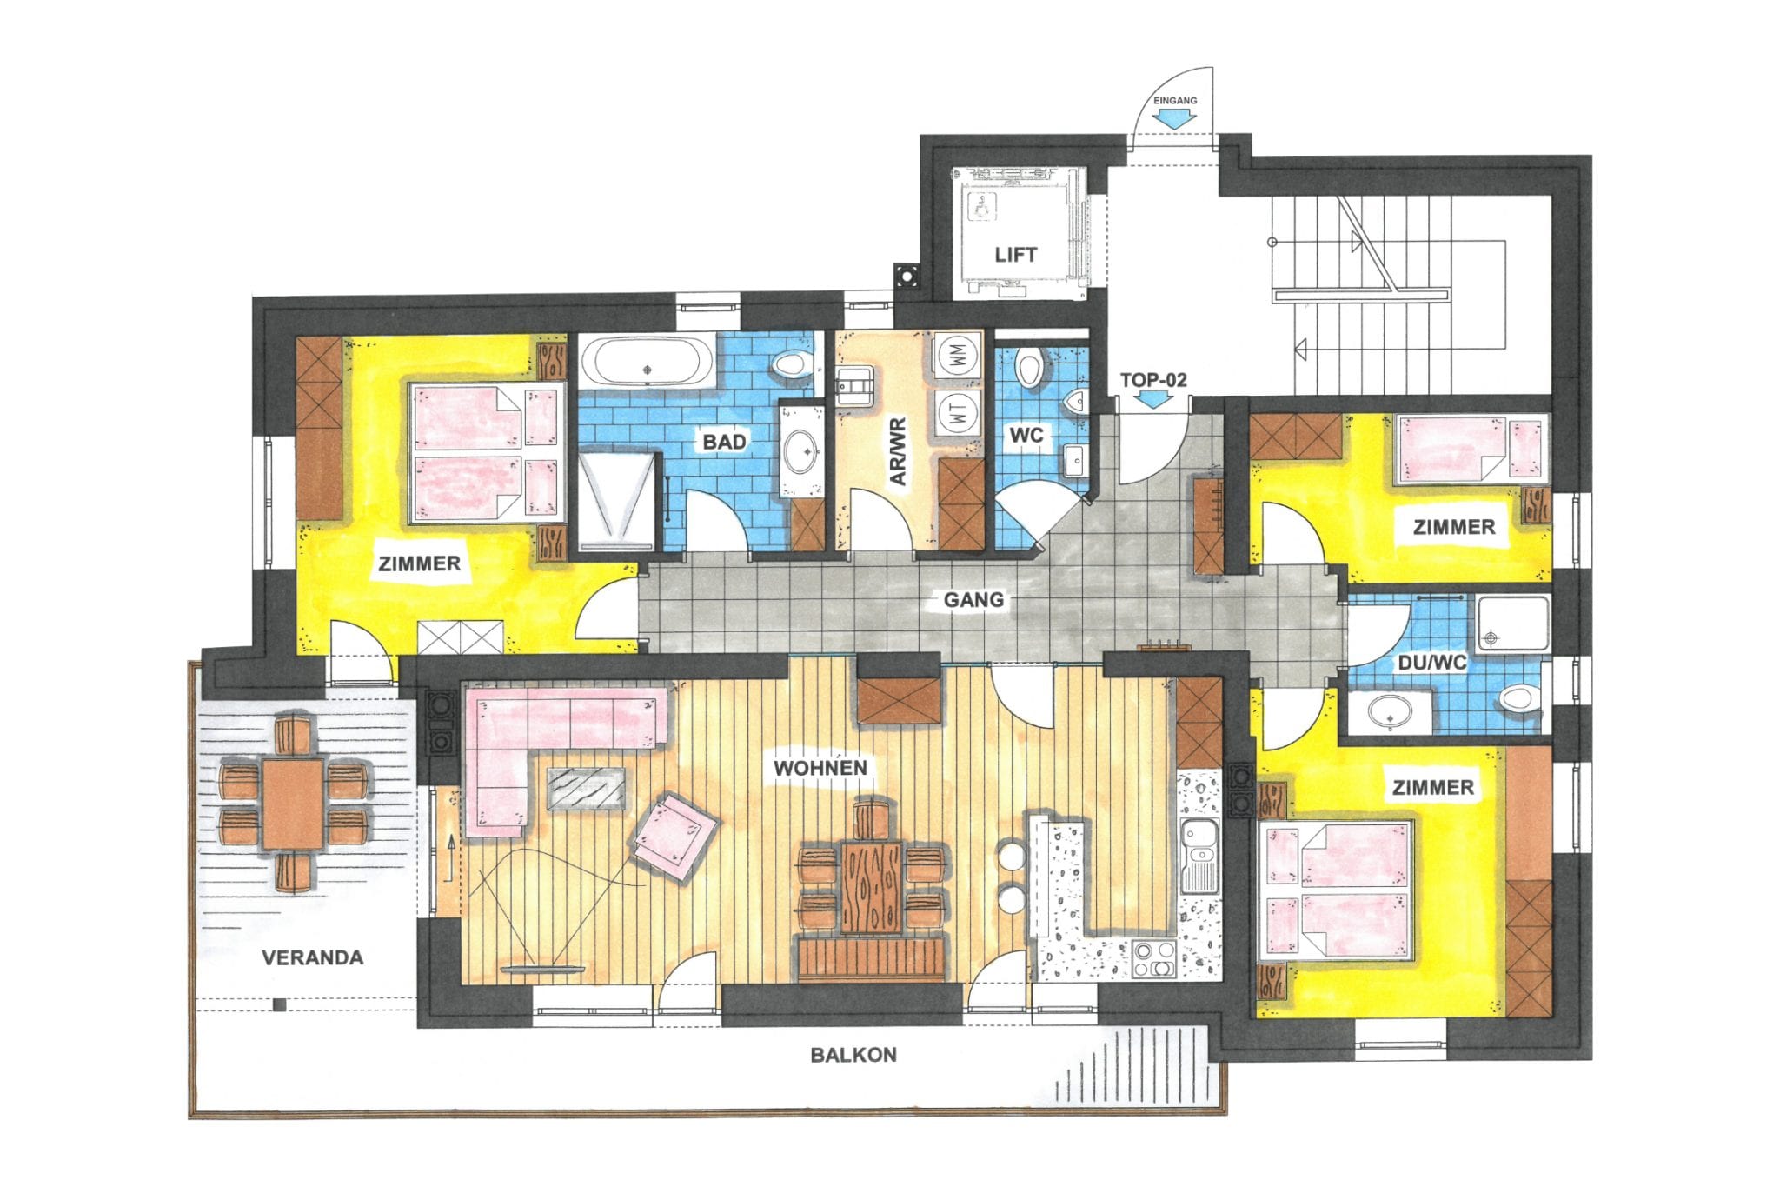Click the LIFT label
(x=1015, y=255)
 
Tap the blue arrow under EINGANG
(x=1173, y=121)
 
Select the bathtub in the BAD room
(x=646, y=361)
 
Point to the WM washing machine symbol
(x=958, y=355)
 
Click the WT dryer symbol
(x=958, y=412)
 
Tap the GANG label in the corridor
(x=973, y=599)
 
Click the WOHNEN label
(x=820, y=768)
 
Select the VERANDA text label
(x=313, y=957)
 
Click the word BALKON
(x=853, y=1055)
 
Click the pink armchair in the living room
(x=674, y=833)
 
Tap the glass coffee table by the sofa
(x=586, y=788)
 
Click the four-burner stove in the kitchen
(x=1153, y=959)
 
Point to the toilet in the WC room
(x=1029, y=367)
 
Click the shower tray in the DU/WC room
(x=1513, y=623)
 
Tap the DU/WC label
(x=1431, y=663)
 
